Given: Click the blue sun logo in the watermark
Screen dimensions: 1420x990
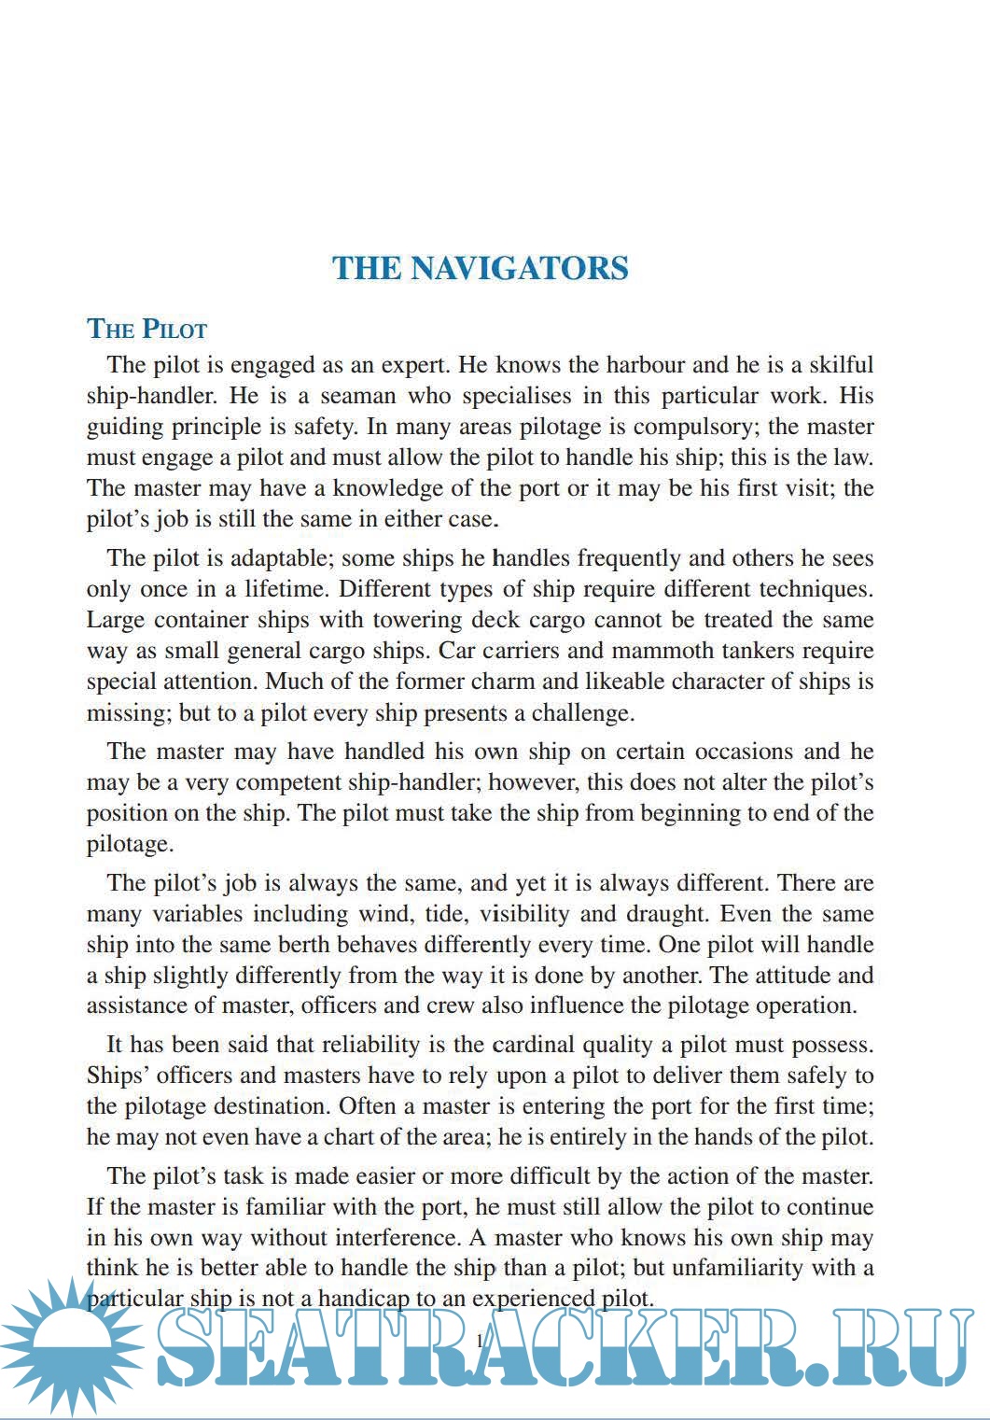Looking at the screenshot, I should click(x=70, y=1344).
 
